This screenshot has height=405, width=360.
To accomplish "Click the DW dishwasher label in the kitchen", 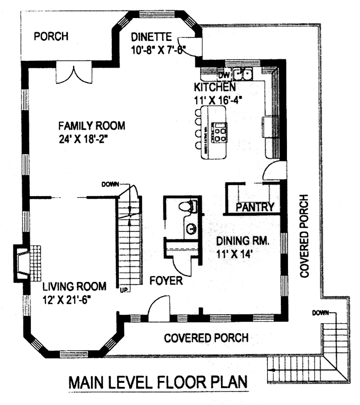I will (224, 75).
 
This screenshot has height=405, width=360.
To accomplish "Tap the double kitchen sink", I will (243, 75).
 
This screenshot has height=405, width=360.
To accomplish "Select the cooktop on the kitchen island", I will (220, 131).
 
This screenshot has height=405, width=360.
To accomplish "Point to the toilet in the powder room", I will (188, 207).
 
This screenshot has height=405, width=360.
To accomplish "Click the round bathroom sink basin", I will (191, 228).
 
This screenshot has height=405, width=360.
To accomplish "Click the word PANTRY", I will (255, 207).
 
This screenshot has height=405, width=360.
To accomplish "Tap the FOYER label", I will (166, 280).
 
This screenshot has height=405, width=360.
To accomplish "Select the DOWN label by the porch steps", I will (320, 312).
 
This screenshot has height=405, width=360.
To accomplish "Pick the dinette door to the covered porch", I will (192, 46).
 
